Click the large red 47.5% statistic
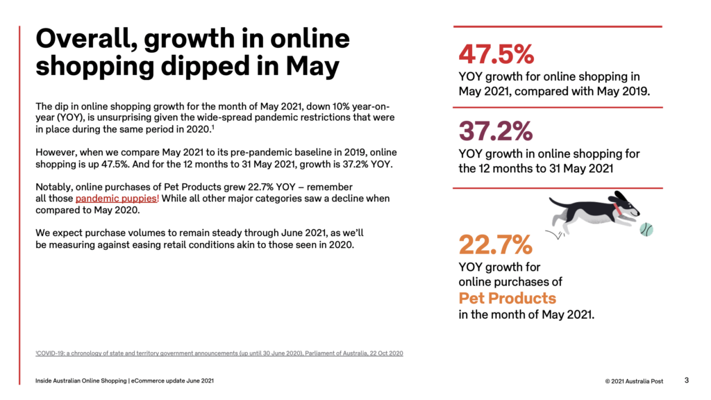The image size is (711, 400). pyautogui.click(x=496, y=54)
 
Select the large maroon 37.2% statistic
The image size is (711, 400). pyautogui.click(x=496, y=131)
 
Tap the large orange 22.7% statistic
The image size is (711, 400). pyautogui.click(x=496, y=244)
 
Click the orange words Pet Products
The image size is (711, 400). pyautogui.click(x=507, y=299)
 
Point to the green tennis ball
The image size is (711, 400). pyautogui.click(x=646, y=228)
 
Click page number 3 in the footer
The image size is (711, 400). pyautogui.click(x=687, y=380)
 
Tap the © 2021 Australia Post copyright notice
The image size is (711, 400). pyautogui.click(x=635, y=381)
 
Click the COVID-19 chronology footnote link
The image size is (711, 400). pyautogui.click(x=219, y=353)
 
